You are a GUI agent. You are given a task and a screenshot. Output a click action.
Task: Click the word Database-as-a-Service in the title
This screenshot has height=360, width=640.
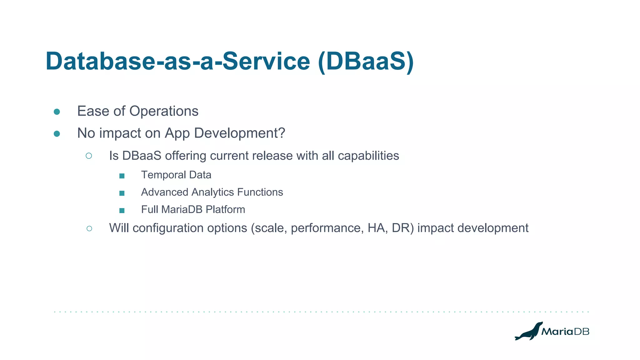pos(177,61)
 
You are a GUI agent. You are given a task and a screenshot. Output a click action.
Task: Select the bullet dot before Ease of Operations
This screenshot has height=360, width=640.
pos(57,112)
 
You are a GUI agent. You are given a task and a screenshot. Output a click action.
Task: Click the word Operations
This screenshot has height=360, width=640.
pos(164,111)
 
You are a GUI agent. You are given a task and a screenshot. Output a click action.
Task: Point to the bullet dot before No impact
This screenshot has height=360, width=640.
pos(57,134)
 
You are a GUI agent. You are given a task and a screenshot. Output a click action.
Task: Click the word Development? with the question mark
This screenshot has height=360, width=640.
pos(239,133)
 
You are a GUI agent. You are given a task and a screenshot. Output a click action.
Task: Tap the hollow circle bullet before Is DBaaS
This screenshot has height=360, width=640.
pos(89,156)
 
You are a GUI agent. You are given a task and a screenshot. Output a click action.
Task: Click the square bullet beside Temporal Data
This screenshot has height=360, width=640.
pos(122,176)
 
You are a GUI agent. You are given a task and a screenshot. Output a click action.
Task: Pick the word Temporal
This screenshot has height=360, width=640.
pos(163,175)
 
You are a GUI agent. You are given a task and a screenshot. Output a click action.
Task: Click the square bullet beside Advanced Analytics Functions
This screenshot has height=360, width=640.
pos(122,193)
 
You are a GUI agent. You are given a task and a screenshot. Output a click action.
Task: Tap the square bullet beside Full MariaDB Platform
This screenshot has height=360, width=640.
pos(122,211)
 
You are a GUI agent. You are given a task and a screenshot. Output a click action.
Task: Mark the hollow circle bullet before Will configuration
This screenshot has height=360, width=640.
pos(89,229)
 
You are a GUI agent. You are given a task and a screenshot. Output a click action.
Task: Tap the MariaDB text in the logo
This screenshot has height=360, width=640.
pos(565,332)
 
